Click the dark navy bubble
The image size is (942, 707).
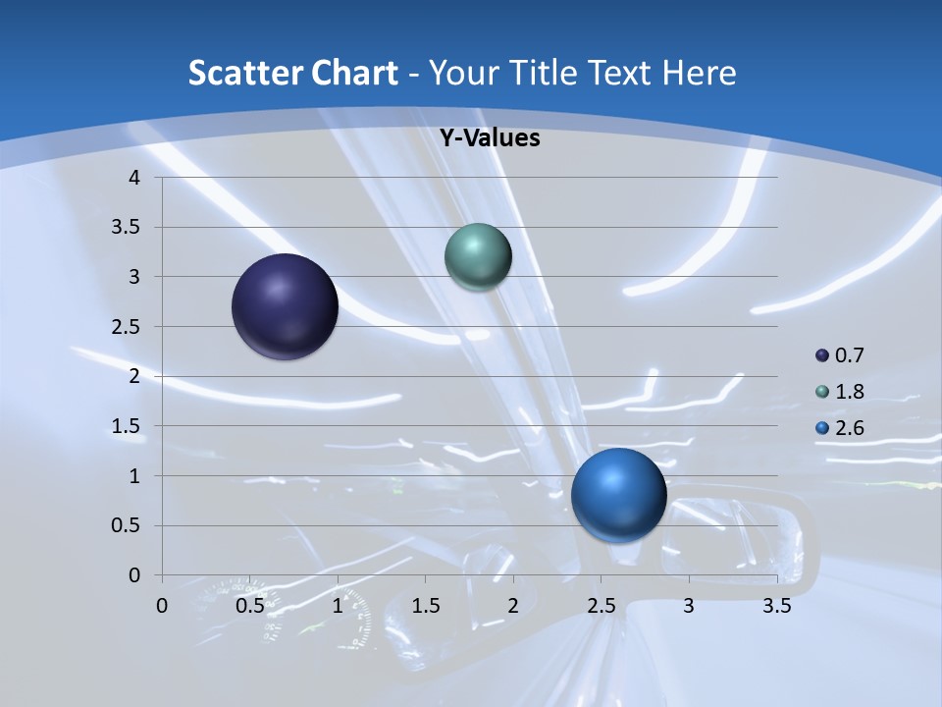(x=285, y=306)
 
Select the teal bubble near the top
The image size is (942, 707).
(x=478, y=256)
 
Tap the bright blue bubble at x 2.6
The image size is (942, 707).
(x=618, y=495)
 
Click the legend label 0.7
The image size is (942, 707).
(x=849, y=355)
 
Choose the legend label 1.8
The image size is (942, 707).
(x=849, y=392)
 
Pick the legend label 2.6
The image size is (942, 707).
(x=849, y=428)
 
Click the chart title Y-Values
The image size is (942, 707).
(x=490, y=138)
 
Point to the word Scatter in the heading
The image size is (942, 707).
(x=245, y=73)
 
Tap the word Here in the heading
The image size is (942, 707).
(x=699, y=73)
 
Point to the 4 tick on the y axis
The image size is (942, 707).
(x=134, y=178)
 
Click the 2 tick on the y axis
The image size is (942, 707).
(x=134, y=376)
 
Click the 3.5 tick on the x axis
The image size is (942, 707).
(x=776, y=606)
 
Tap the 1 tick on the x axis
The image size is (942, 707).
(x=338, y=606)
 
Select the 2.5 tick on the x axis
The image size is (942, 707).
(x=601, y=606)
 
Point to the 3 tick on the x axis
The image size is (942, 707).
(x=689, y=606)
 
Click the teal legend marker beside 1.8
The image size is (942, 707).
(x=822, y=392)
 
